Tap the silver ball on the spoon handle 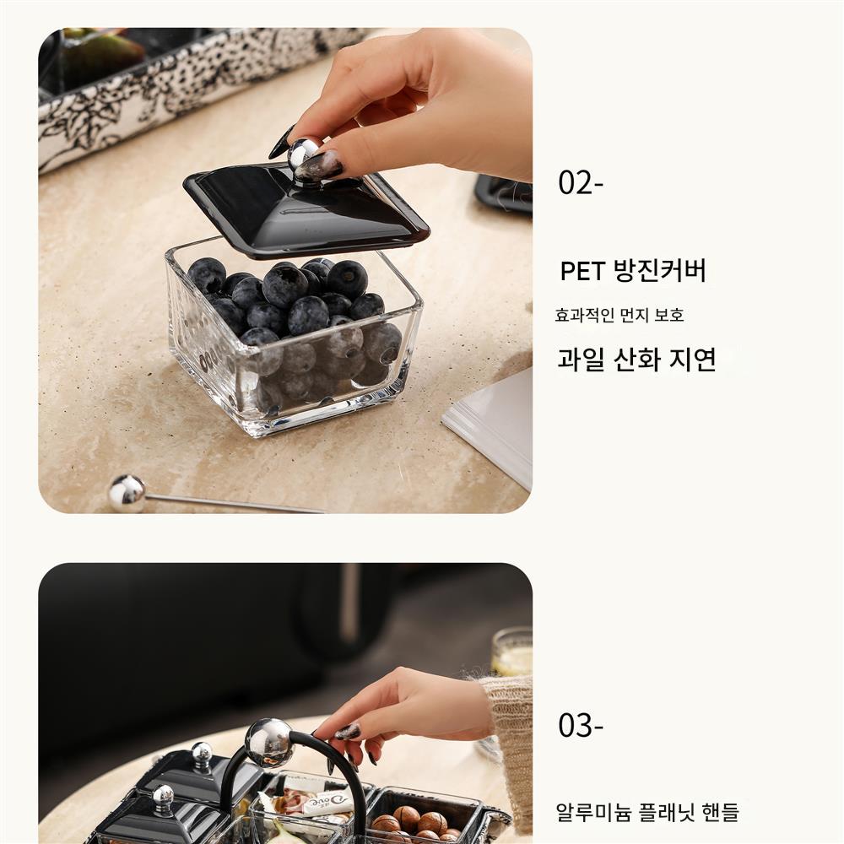tap(127, 493)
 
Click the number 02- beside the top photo tap(581, 182)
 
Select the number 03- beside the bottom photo tap(581, 725)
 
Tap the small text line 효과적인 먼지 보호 tap(619, 315)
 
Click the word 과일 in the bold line tap(581, 359)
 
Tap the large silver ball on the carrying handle tap(269, 743)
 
